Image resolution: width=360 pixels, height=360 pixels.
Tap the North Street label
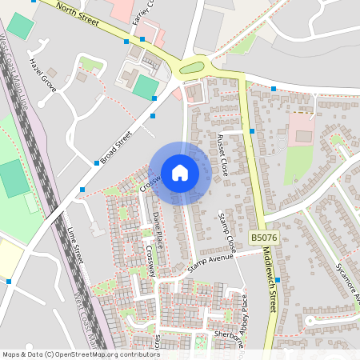78,15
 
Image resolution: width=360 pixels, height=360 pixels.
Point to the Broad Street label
115,148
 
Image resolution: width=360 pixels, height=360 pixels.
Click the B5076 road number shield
264,238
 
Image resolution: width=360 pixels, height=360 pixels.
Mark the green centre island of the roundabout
192,68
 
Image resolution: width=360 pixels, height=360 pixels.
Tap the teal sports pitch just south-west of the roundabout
145,86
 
